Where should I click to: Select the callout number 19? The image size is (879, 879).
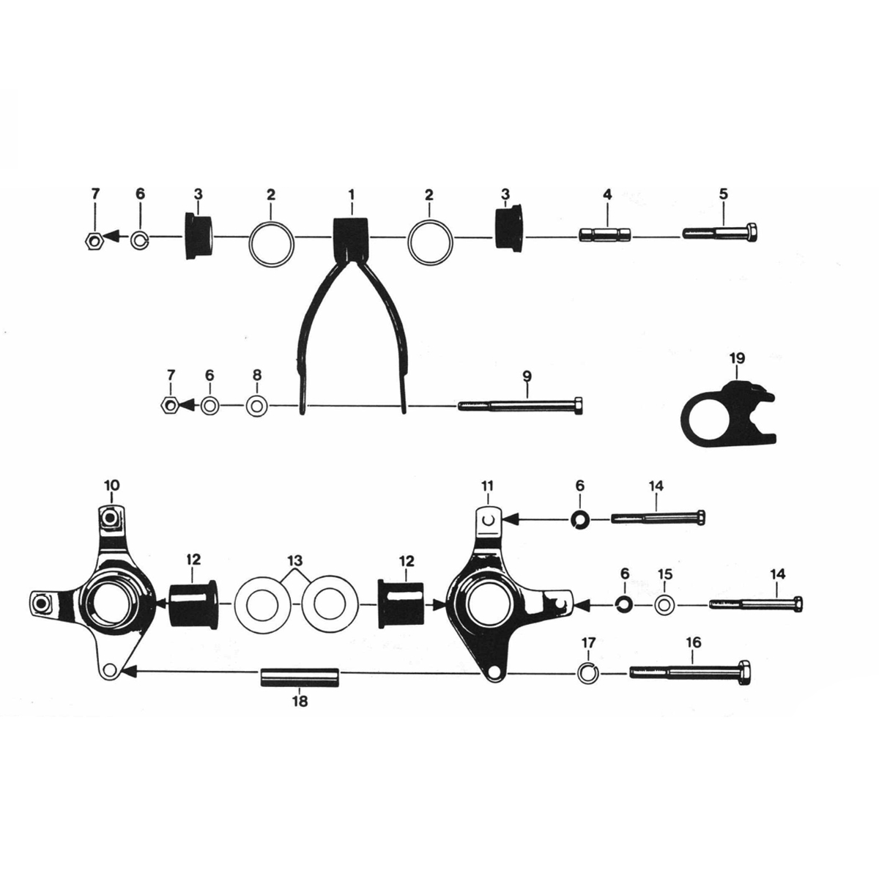(x=737, y=358)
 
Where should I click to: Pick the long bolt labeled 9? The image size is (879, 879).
(x=521, y=405)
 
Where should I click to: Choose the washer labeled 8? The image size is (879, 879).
(x=256, y=405)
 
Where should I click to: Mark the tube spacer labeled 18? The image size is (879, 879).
(x=300, y=674)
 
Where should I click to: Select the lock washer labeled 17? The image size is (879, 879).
(x=587, y=672)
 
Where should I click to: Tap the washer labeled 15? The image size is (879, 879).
(x=665, y=606)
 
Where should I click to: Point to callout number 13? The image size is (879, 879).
(x=295, y=562)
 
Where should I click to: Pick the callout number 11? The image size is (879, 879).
(x=489, y=486)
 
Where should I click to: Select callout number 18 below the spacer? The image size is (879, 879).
(x=300, y=702)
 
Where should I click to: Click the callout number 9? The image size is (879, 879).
(x=527, y=376)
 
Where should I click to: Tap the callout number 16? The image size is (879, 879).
(x=693, y=642)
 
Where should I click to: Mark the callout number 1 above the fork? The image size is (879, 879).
(x=351, y=195)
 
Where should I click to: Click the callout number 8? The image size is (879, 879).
(x=256, y=375)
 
